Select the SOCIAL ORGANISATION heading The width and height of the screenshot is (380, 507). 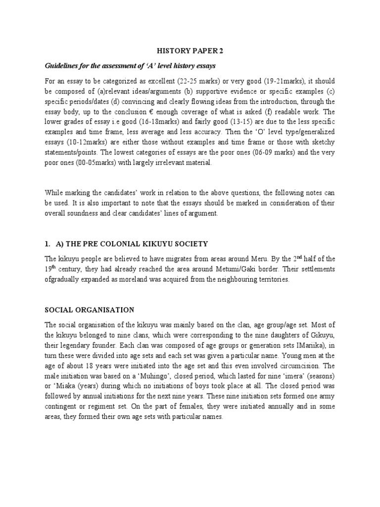pos(90,310)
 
